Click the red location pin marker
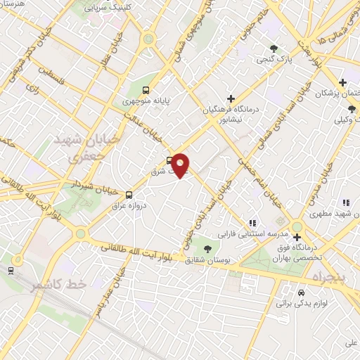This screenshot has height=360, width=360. [181, 165]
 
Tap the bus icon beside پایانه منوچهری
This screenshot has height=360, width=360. [146, 89]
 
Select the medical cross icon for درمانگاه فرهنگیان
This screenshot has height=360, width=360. [231, 98]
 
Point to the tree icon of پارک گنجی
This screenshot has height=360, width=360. [274, 48]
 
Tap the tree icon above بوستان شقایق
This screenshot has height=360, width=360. [207, 248]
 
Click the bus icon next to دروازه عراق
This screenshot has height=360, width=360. [129, 194]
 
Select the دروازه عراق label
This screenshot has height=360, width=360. [128, 206]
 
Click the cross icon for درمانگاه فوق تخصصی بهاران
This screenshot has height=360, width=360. [297, 237]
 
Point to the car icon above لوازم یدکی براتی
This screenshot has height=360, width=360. [301, 292]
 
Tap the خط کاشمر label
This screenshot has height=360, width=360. [59, 285]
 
